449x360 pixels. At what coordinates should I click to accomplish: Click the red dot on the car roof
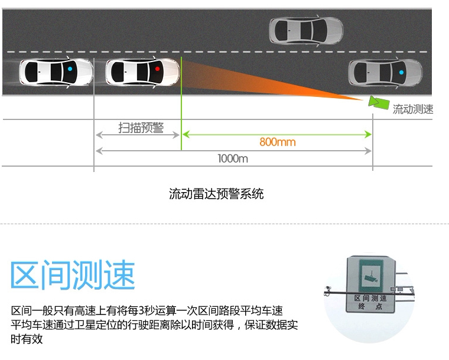pyautogui.click(x=157, y=69)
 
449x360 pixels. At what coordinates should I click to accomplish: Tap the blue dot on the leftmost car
pyautogui.click(x=70, y=69)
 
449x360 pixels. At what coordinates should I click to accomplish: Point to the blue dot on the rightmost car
pyautogui.click(x=402, y=73)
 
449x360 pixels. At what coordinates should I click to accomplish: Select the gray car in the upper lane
pyautogui.click(x=306, y=31)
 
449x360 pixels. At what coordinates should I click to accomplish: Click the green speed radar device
pyautogui.click(x=379, y=102)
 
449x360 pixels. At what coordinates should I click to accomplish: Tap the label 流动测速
pyautogui.click(x=412, y=109)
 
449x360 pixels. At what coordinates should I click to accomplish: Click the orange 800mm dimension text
pyautogui.click(x=278, y=142)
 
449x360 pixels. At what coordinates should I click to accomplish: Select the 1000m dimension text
pyautogui.click(x=233, y=158)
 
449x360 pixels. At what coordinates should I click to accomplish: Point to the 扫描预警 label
pyautogui.click(x=141, y=128)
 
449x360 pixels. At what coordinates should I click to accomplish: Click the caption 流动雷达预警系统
pyautogui.click(x=216, y=194)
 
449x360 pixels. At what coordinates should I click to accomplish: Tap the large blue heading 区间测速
pyautogui.click(x=73, y=275)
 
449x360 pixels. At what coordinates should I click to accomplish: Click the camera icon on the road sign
pyautogui.click(x=371, y=277)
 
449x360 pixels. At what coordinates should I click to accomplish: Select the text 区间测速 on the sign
pyautogui.click(x=370, y=299)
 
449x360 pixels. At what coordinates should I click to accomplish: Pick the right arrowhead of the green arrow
pyautogui.click(x=369, y=134)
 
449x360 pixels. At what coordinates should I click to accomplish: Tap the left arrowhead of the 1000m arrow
pyautogui.click(x=99, y=151)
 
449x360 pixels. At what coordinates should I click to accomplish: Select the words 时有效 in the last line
pyautogui.click(x=27, y=339)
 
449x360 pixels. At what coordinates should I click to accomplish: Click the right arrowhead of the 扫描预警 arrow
pyautogui.click(x=176, y=135)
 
